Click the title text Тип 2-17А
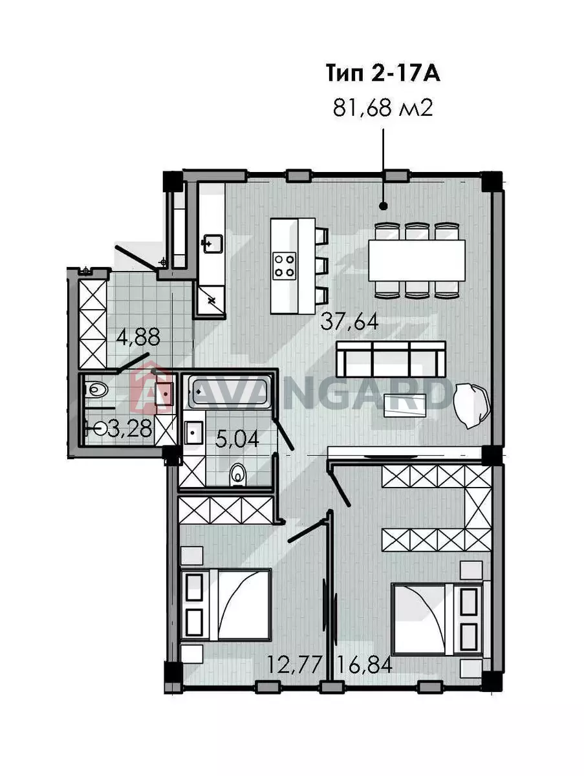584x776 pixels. coord(383,74)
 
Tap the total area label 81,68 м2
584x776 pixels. coord(383,107)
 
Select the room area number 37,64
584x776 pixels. coord(349,322)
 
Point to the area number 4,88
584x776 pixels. coord(138,337)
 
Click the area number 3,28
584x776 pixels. coord(129,429)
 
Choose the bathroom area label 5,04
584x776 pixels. coord(237,439)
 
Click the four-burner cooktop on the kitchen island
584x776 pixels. coord(285,266)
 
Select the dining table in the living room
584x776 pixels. coord(416,261)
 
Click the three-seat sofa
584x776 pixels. coord(391,359)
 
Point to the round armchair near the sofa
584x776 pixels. coord(472,406)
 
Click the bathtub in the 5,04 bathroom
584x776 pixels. coord(230,392)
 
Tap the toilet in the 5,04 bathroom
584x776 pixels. coord(237,475)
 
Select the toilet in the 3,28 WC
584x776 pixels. coord(96,390)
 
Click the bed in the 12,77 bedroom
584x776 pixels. coord(226,605)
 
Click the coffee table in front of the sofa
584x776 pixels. coord(405,405)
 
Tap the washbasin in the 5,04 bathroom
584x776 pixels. coord(193,433)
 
